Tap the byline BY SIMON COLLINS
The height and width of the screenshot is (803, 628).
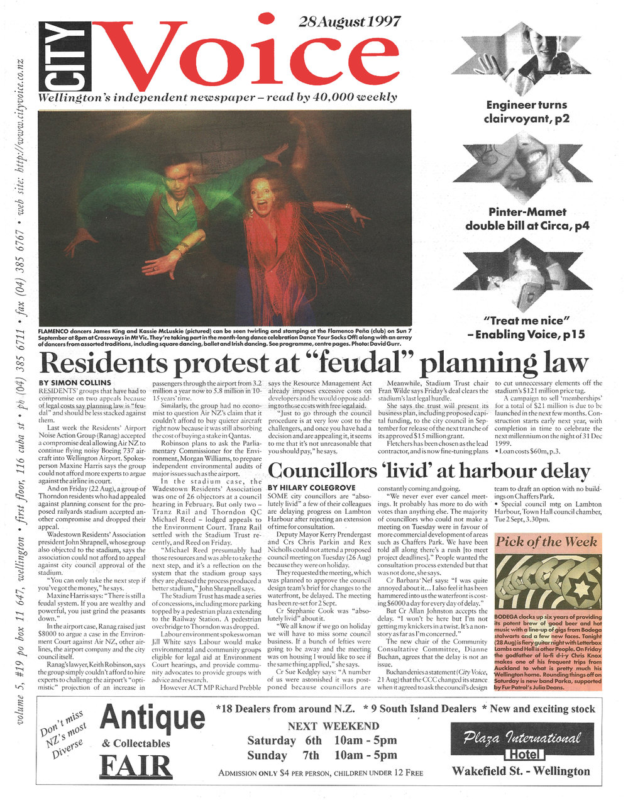75,382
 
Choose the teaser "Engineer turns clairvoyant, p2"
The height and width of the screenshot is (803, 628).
526,111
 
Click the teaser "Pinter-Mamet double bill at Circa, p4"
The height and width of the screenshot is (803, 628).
527,218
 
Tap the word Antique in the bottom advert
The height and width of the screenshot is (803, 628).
152,717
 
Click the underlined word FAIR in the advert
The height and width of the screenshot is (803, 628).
136,767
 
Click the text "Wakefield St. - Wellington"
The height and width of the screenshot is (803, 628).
521,771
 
